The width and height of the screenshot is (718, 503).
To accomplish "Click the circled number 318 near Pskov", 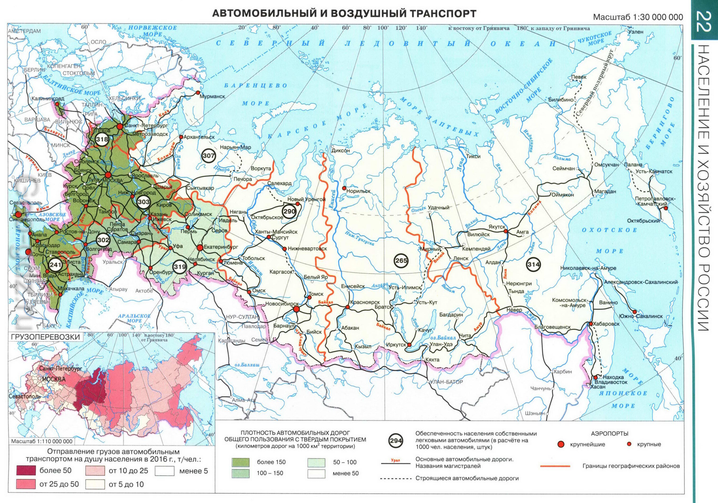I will click(x=102, y=139).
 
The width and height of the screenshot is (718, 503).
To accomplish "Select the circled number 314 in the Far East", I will click(x=533, y=264).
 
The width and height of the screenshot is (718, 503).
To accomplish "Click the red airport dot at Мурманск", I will click(x=198, y=93).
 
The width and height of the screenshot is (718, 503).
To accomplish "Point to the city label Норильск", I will click(x=358, y=191).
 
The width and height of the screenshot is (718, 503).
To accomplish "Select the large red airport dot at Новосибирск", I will click(x=296, y=309).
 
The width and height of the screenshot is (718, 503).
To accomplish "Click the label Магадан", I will click(x=606, y=191).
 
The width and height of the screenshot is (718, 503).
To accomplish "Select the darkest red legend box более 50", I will click(x=26, y=470).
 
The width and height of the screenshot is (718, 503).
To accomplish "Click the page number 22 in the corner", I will click(x=705, y=21).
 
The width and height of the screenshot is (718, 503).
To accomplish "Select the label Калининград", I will click(x=47, y=98).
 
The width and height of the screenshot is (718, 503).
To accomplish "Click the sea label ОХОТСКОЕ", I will click(x=609, y=230).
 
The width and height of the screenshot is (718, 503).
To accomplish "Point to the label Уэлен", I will click(x=636, y=32).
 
